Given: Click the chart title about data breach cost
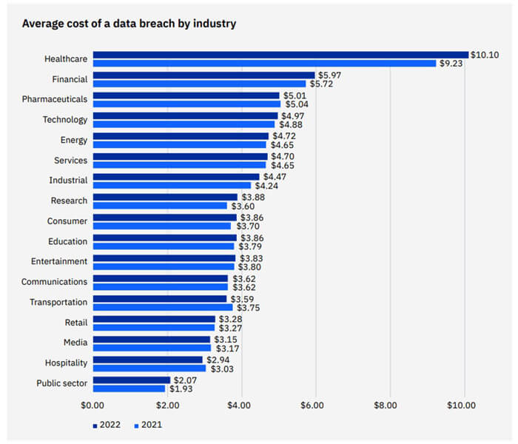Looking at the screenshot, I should (129, 24).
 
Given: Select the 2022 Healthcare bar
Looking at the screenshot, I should (280, 55).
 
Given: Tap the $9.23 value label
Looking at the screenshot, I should (450, 64).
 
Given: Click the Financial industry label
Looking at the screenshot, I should (70, 78).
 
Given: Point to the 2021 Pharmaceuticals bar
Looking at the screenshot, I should (186, 104).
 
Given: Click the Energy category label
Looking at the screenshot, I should (74, 140).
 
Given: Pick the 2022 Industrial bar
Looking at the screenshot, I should (176, 177).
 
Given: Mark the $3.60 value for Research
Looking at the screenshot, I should (243, 206).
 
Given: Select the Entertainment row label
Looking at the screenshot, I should (59, 261).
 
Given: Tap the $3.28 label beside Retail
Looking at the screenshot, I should (231, 319).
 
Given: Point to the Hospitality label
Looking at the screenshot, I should (65, 363).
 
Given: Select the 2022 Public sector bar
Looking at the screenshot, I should (132, 380).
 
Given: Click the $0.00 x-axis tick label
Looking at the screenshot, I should (92, 405).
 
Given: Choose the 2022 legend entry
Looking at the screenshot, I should (106, 425).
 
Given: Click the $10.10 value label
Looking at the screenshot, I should (486, 55).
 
